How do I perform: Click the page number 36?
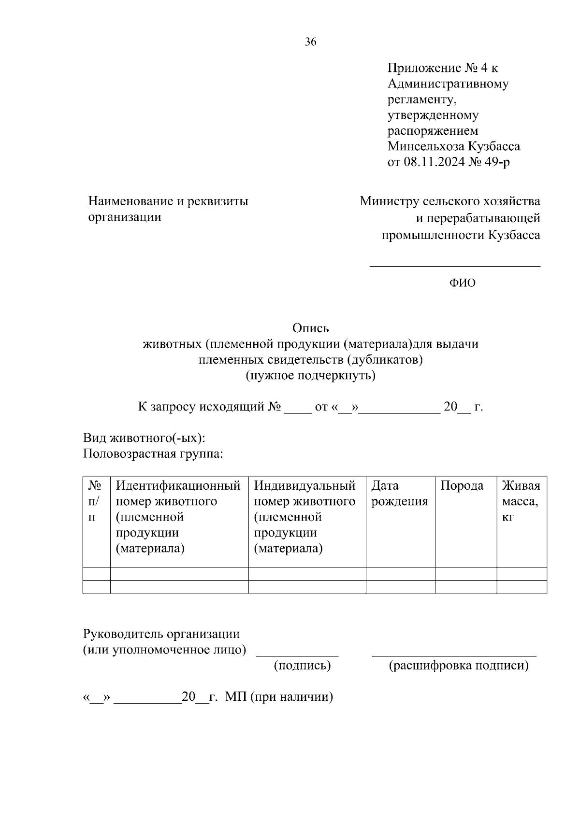click(x=310, y=42)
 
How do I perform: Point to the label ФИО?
click(x=463, y=283)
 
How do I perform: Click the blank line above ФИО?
click(x=455, y=265)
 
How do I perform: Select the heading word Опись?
click(x=310, y=328)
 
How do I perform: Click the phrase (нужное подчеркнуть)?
click(x=310, y=375)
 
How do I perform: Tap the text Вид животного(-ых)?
click(x=145, y=438)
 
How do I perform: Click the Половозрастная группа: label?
click(x=153, y=454)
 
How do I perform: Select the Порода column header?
click(x=462, y=486)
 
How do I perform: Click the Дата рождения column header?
click(x=399, y=494)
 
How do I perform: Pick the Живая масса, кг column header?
click(x=521, y=501)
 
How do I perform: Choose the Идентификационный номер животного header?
click(x=178, y=494)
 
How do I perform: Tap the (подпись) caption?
click(x=302, y=665)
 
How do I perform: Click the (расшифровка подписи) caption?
click(x=459, y=665)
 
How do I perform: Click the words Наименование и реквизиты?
click(x=168, y=201)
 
